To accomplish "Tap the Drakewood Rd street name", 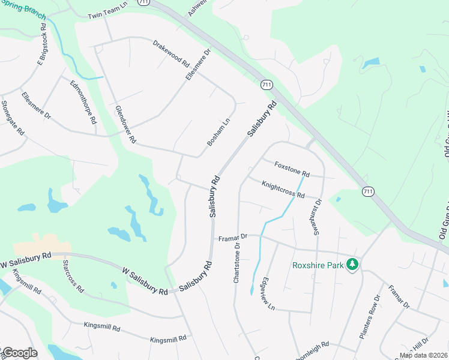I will click(171, 53).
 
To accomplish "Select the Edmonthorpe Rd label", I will click(83, 101).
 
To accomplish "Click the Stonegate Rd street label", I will click(12, 117).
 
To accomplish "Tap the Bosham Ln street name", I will click(218, 132).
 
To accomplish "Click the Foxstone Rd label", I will click(292, 169).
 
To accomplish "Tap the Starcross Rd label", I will click(76, 277).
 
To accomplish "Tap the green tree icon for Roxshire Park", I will click(354, 265).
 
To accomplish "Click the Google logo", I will click(19, 353).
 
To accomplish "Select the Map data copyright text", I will click(423, 355).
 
